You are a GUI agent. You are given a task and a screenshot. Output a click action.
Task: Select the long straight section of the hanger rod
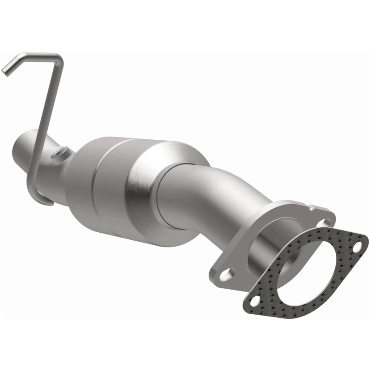point(48,116)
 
